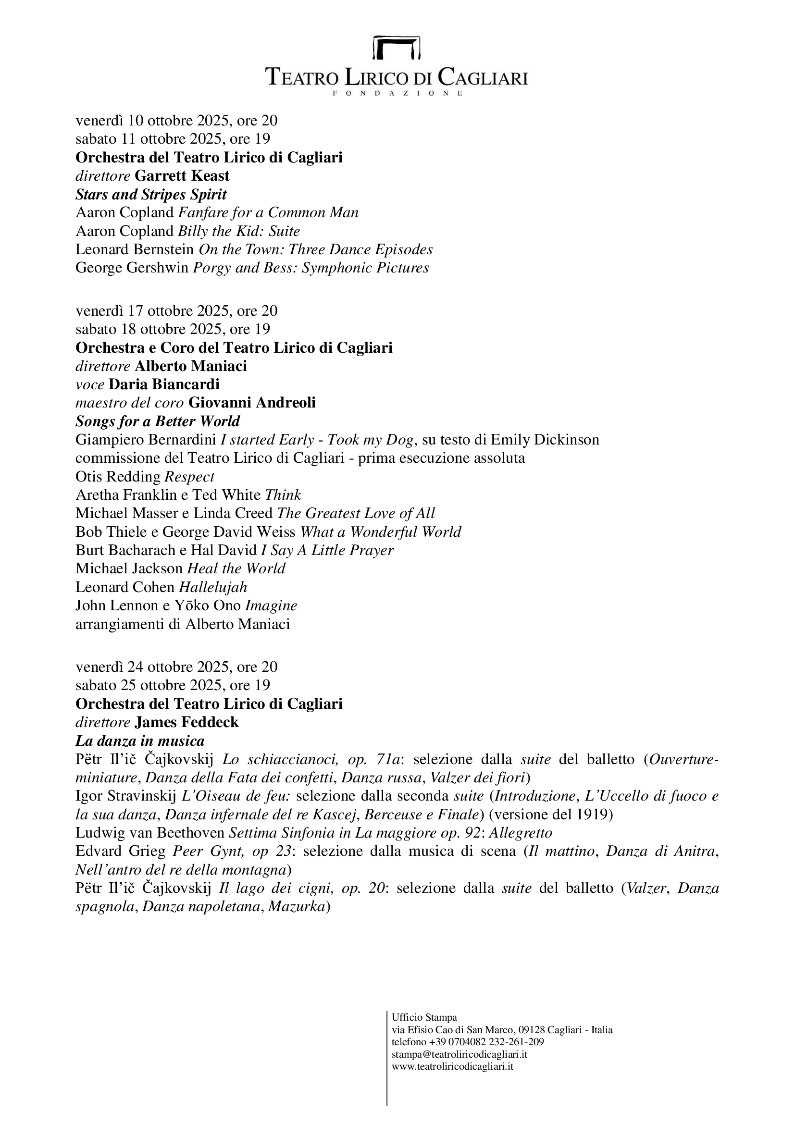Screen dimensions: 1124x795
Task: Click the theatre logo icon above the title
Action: pyautogui.click(x=397, y=47)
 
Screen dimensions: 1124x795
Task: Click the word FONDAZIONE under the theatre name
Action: pyautogui.click(x=397, y=93)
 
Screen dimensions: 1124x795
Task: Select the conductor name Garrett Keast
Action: pyautogui.click(x=182, y=176)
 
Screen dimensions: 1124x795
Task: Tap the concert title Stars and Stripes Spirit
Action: pyautogui.click(x=151, y=194)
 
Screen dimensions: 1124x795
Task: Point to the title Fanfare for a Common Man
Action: pyautogui.click(x=268, y=212)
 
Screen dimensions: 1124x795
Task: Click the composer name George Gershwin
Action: pyautogui.click(x=132, y=268)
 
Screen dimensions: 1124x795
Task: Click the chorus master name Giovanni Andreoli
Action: pyautogui.click(x=251, y=402)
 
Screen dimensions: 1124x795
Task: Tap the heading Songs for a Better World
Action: pyautogui.click(x=158, y=421)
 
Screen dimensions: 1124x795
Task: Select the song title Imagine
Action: pyautogui.click(x=271, y=605)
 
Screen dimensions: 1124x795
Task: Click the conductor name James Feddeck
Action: pyautogui.click(x=186, y=722)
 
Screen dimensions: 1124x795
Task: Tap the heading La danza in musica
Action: pyautogui.click(x=140, y=741)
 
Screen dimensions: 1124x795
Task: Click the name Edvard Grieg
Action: pyautogui.click(x=121, y=852)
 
